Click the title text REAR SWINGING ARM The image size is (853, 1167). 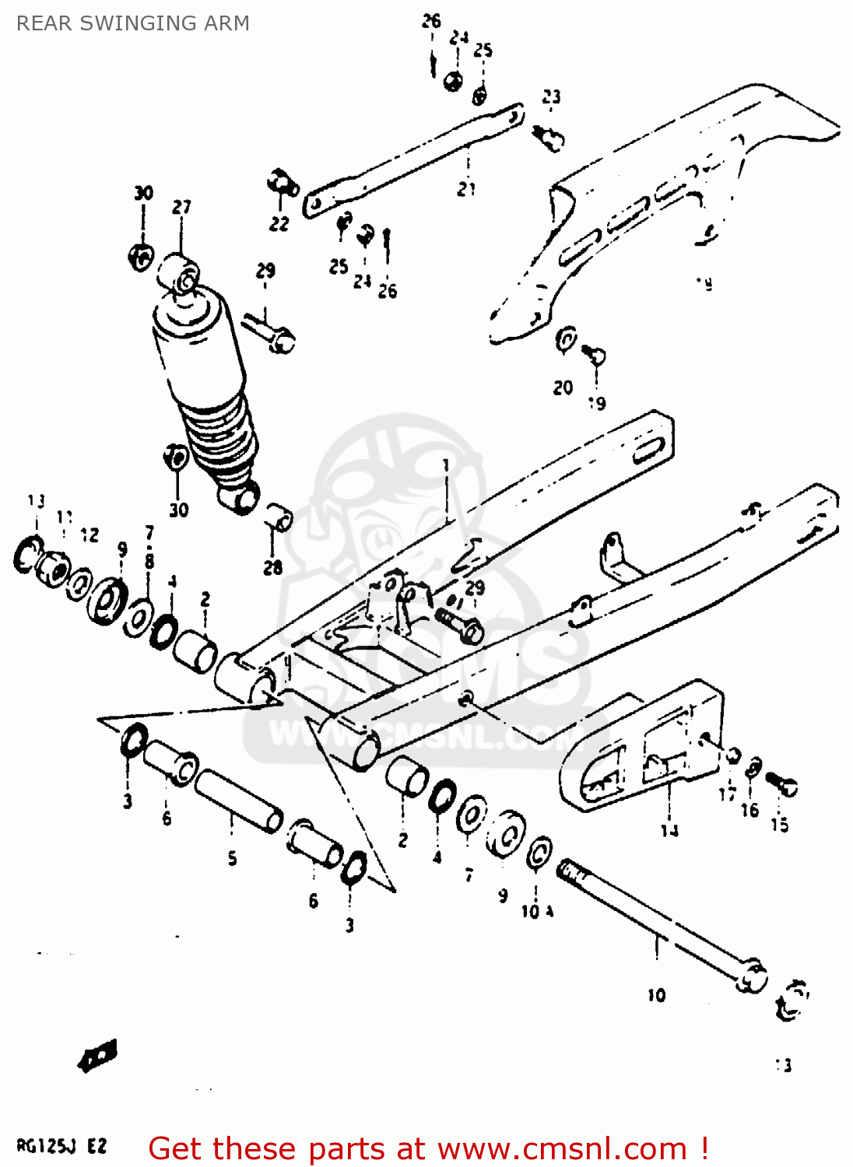[x=133, y=23]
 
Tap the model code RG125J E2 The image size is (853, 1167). [x=61, y=1145]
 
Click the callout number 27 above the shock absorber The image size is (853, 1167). [x=181, y=207]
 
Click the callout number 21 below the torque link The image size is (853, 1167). [x=466, y=188]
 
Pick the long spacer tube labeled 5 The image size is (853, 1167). [x=238, y=801]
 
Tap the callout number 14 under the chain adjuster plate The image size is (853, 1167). [x=669, y=830]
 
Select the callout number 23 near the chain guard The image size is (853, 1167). [x=551, y=96]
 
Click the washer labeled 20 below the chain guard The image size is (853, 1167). [x=566, y=341]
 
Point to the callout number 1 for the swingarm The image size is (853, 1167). [x=446, y=465]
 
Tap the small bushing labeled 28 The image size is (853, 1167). [x=279, y=517]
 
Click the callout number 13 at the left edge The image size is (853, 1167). [x=36, y=500]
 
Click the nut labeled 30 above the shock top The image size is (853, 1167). [x=141, y=255]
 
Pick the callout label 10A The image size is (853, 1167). [x=536, y=911]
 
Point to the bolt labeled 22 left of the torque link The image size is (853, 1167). [x=283, y=184]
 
